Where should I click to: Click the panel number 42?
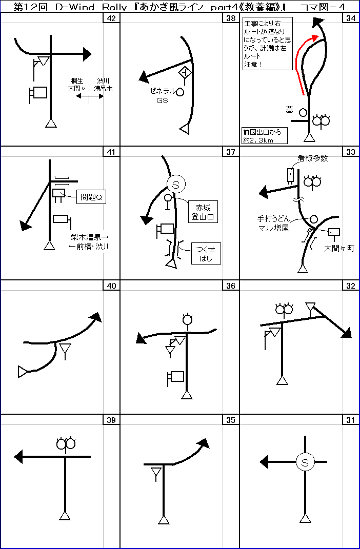111,18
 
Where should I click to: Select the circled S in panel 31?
305,462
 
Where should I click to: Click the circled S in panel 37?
175,185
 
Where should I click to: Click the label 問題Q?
91,198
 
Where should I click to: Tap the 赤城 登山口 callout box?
203,211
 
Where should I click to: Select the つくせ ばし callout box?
206,254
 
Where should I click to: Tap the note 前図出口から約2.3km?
264,135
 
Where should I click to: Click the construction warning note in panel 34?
267,44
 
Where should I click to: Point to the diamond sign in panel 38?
185,72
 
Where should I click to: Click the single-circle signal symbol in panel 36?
188,319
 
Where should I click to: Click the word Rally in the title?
110,7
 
